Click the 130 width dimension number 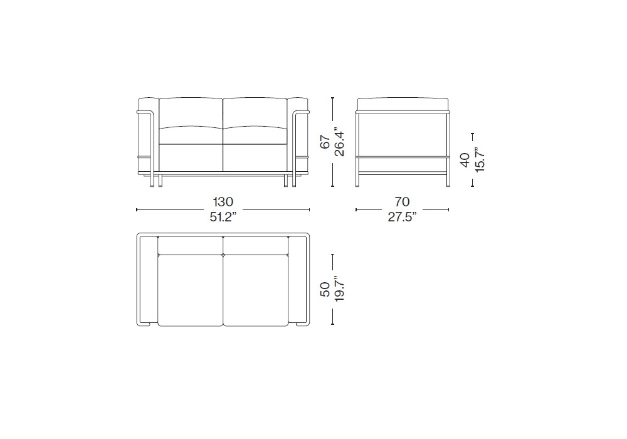click(x=223, y=202)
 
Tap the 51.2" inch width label click(x=223, y=217)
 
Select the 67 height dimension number click(x=326, y=142)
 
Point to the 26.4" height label click(x=339, y=142)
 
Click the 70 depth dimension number click(x=402, y=202)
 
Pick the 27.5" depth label click(x=402, y=217)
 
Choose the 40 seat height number click(x=465, y=160)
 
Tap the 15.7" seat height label click(x=478, y=160)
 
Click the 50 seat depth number click(x=325, y=289)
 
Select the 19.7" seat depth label click(x=339, y=289)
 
